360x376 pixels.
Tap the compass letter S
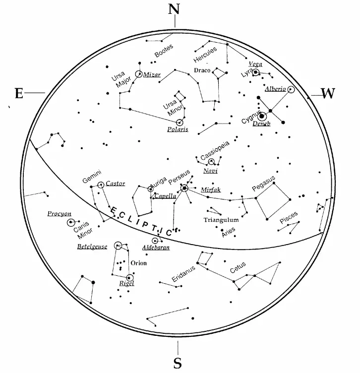[x=178, y=363]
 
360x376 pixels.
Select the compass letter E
[x=19, y=93]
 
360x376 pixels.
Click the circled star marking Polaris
[x=180, y=122]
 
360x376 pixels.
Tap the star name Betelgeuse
[x=92, y=247]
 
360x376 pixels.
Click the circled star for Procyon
[x=70, y=222]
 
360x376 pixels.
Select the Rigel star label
[x=126, y=283]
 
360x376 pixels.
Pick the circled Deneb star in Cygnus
[x=262, y=116]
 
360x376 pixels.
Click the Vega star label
[x=255, y=64]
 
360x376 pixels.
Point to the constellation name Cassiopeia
[x=215, y=151]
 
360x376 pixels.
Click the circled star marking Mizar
[x=138, y=74]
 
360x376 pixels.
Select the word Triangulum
[x=221, y=220]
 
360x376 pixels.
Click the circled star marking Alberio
[x=291, y=90]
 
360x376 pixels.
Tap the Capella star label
[x=165, y=196]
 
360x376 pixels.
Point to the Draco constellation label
[x=202, y=70]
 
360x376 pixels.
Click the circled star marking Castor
[x=101, y=185]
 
